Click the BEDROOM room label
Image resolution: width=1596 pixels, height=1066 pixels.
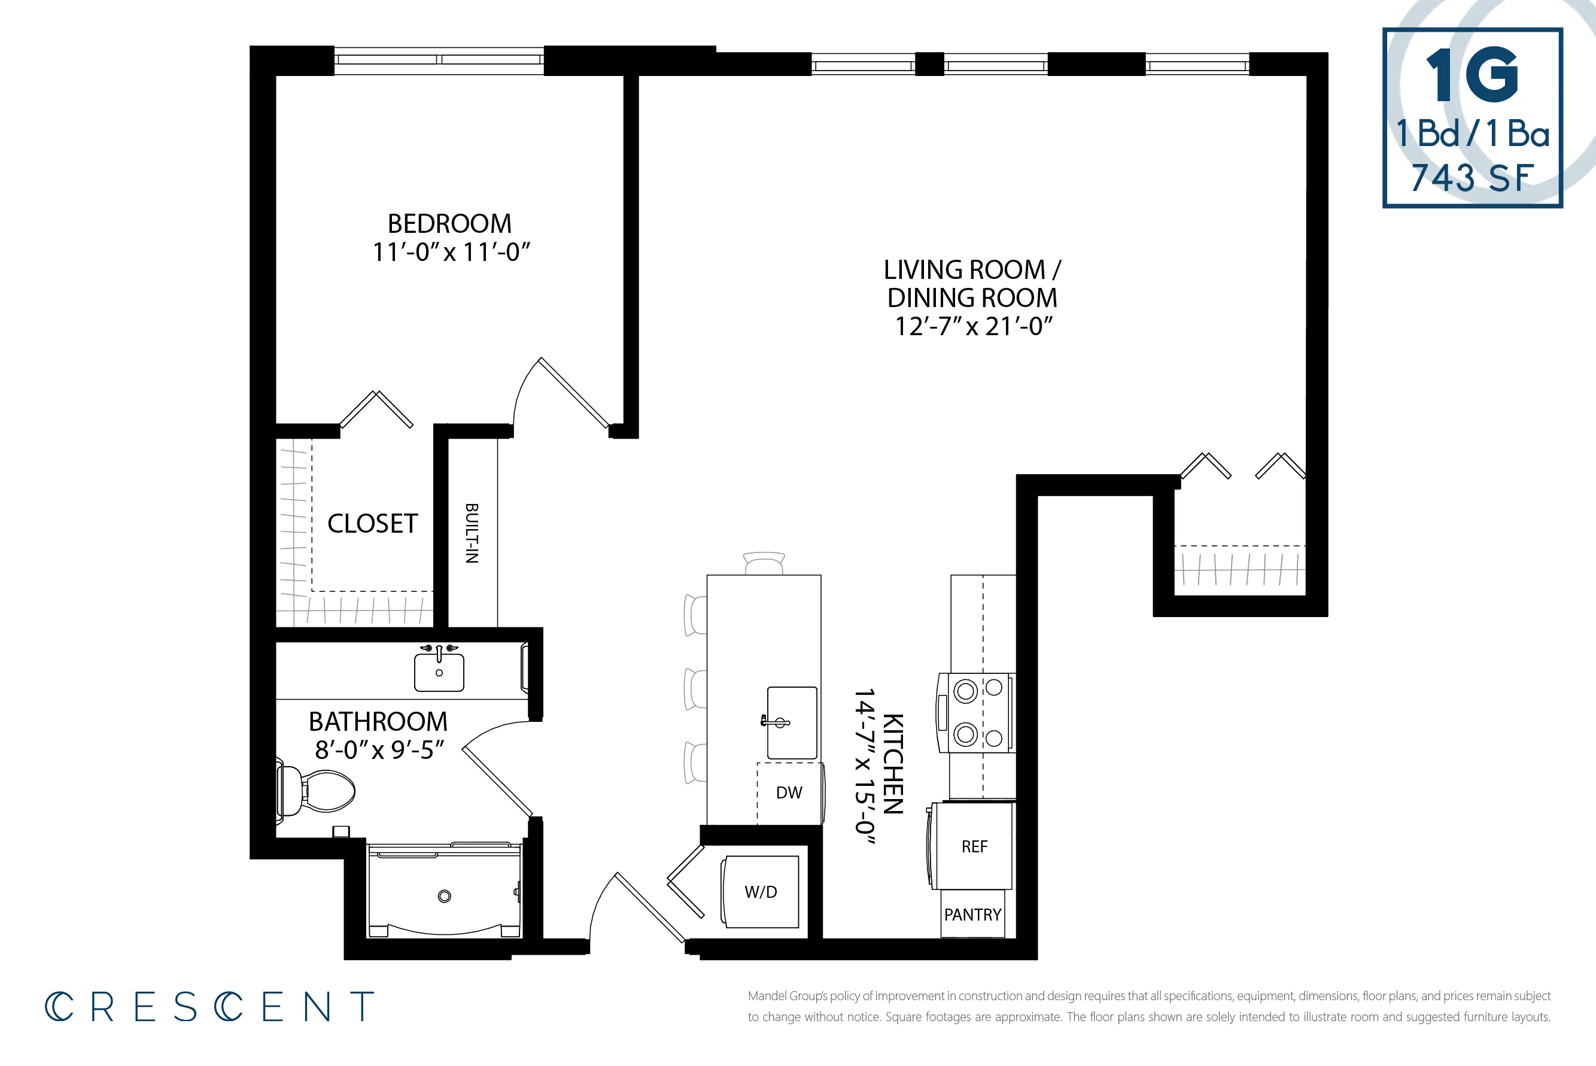click(x=449, y=224)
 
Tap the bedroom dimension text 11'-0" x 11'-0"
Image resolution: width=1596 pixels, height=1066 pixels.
click(x=451, y=252)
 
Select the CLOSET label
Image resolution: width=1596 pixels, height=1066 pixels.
click(x=372, y=524)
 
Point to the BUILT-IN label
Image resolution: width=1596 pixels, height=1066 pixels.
click(x=472, y=534)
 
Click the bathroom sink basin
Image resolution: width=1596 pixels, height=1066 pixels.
click(x=439, y=672)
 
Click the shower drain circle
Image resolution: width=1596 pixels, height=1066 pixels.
click(x=445, y=896)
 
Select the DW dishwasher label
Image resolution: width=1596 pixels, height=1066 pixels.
click(x=789, y=792)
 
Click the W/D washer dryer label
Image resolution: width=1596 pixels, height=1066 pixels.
click(x=761, y=892)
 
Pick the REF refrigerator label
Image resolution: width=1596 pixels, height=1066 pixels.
click(x=974, y=846)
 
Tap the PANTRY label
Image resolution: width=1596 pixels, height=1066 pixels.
click(x=972, y=915)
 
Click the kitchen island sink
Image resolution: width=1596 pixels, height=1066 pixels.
click(x=792, y=722)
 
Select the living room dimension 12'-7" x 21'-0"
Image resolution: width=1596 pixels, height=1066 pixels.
click(x=974, y=326)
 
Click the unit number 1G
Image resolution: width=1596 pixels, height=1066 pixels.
click(x=1472, y=75)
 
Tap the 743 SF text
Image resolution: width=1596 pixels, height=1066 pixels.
click(x=1472, y=178)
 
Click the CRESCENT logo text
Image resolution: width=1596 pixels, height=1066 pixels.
click(x=210, y=1006)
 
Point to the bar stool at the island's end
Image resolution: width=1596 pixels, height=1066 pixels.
click(x=764, y=564)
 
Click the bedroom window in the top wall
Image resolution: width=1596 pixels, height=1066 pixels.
click(x=439, y=60)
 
